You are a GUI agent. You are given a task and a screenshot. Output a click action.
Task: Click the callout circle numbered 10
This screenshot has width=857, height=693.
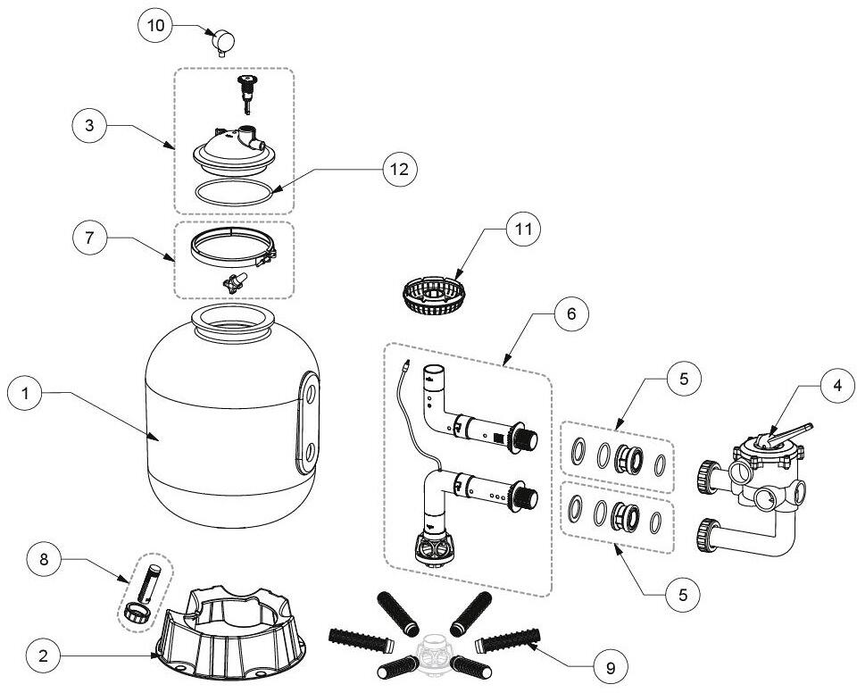click(155, 25)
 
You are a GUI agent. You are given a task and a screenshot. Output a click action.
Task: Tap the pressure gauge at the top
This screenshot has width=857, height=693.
click(223, 42)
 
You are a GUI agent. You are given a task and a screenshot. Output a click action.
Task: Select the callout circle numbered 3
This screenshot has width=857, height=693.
click(89, 125)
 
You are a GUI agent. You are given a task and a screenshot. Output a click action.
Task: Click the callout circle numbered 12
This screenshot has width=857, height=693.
click(400, 169)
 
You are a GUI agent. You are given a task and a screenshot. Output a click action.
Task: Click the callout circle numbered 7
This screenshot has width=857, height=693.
click(89, 238)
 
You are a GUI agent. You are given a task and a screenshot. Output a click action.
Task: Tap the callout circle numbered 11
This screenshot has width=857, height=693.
click(524, 230)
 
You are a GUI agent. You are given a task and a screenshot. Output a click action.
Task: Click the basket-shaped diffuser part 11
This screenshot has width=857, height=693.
click(434, 296)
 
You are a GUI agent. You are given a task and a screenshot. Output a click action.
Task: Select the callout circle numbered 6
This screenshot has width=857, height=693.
click(571, 314)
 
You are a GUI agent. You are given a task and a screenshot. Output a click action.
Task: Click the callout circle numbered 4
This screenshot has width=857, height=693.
click(837, 386)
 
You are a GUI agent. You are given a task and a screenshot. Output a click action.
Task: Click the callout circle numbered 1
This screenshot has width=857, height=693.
click(25, 392)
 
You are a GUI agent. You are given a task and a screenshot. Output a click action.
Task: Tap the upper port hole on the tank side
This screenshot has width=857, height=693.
click(310, 393)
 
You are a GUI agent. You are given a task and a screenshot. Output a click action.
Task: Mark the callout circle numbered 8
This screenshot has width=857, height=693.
click(45, 559)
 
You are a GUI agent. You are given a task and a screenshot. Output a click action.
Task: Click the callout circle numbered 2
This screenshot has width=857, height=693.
click(44, 655)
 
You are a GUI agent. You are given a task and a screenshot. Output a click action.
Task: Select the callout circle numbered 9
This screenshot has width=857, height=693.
click(611, 667)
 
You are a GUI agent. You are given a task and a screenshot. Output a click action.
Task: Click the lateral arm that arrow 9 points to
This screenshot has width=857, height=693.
click(508, 641)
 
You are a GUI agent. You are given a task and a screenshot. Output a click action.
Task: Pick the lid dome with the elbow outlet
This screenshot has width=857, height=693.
click(235, 148)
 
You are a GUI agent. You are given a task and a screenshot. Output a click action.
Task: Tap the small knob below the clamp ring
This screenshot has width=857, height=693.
click(235, 282)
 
